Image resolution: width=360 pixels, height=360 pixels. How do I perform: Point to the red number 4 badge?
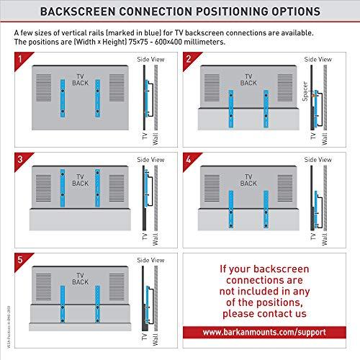click(190, 156)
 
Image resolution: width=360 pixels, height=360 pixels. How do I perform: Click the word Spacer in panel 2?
click(305, 94)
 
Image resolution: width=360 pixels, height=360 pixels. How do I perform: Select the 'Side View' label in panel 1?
click(149, 59)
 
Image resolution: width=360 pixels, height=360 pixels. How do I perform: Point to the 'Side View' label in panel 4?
click(318, 158)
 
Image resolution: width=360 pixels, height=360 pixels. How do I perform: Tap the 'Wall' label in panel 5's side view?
click(156, 339)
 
